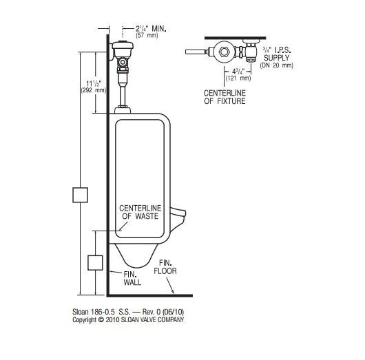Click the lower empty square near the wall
pos(95,262)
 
